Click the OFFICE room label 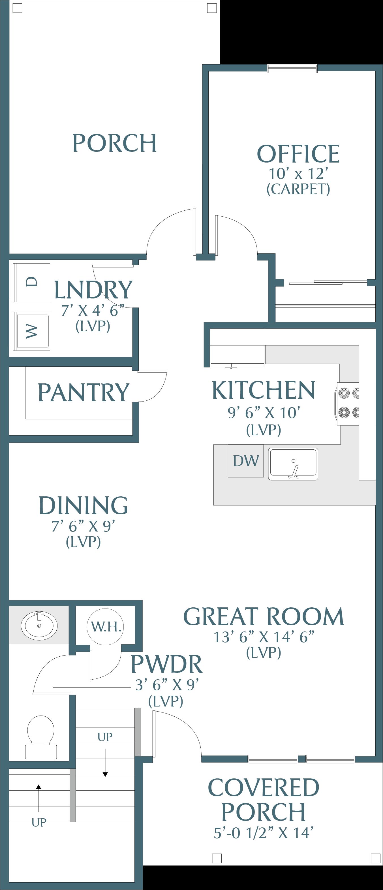pos(298,154)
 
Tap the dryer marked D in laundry pos(32,282)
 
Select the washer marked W pos(32,331)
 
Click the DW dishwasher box pos(245,460)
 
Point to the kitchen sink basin pos(293,464)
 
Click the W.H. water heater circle pos(106,627)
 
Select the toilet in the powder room pos(41,737)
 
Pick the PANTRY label pos(83,392)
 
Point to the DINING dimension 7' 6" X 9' pos(83,526)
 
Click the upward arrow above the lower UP pos(39,798)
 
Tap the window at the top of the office pos(292,69)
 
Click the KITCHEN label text pos(264,390)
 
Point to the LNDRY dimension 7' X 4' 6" pos(93,310)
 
